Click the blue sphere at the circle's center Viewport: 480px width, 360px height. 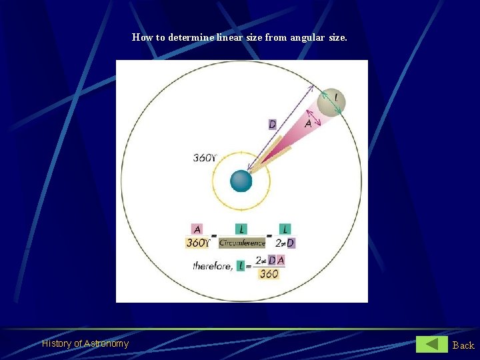[x=241, y=181]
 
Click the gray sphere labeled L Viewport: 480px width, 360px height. [x=331, y=102]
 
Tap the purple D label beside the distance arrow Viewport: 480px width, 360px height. [x=272, y=124]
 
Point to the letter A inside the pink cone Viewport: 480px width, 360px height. [x=308, y=123]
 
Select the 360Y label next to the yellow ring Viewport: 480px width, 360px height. [x=205, y=158]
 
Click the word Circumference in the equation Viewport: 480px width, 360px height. [x=241, y=243]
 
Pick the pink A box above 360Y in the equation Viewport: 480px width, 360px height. [x=197, y=229]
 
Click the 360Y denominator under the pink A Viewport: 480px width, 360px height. [x=197, y=243]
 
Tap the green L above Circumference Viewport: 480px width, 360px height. [x=241, y=229]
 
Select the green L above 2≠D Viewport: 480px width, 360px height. [x=285, y=229]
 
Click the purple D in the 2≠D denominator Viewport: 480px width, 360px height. [x=291, y=243]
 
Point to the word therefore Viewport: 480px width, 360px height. [x=213, y=266]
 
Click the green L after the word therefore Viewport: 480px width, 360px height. [x=241, y=266]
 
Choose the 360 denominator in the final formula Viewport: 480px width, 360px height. [x=269, y=273]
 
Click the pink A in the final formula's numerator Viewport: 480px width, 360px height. [x=281, y=260]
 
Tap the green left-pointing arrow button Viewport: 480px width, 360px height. [x=432, y=344]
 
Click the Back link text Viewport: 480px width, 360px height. [x=463, y=345]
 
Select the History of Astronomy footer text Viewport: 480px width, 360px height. [x=85, y=343]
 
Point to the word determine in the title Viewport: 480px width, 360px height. [x=191, y=37]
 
